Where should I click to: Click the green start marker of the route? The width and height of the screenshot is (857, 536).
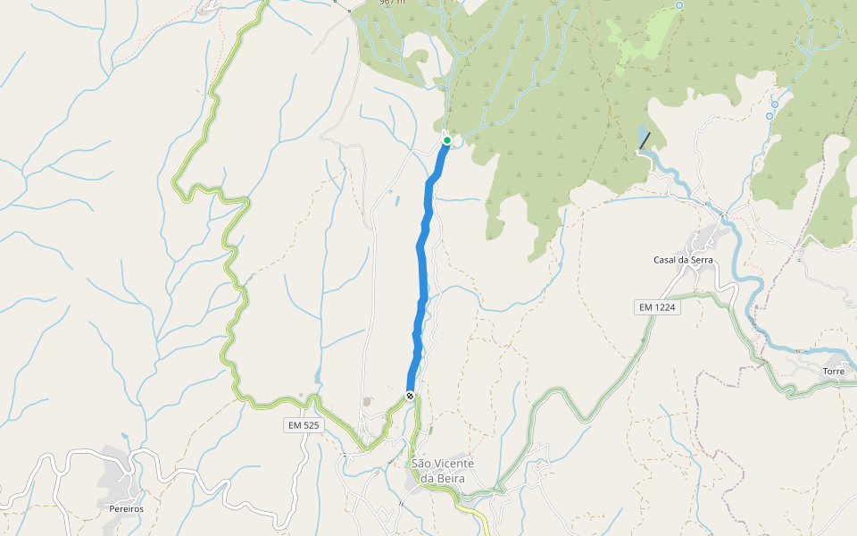point(447,140)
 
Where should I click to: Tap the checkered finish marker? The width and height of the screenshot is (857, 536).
point(410,396)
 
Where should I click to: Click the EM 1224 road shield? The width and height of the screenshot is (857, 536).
point(658,307)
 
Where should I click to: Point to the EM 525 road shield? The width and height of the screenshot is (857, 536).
point(304,425)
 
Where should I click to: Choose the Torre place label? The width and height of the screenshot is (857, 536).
point(834,370)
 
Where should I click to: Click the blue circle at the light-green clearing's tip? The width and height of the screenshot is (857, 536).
point(679,5)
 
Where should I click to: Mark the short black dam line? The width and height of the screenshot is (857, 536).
point(645,141)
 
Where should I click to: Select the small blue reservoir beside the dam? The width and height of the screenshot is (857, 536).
point(641,136)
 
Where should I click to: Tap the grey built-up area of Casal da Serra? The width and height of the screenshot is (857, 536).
point(705,239)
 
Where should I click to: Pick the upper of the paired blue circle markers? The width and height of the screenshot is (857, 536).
point(775,105)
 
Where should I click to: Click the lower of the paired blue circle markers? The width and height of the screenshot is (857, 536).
point(770,116)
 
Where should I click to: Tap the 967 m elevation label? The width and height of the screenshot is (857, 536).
point(392,3)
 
